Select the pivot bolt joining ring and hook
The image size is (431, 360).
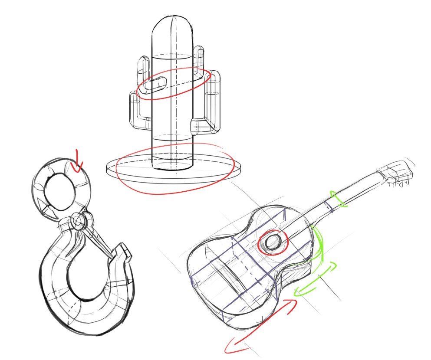point(78,222)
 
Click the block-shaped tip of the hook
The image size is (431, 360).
point(123,252)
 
